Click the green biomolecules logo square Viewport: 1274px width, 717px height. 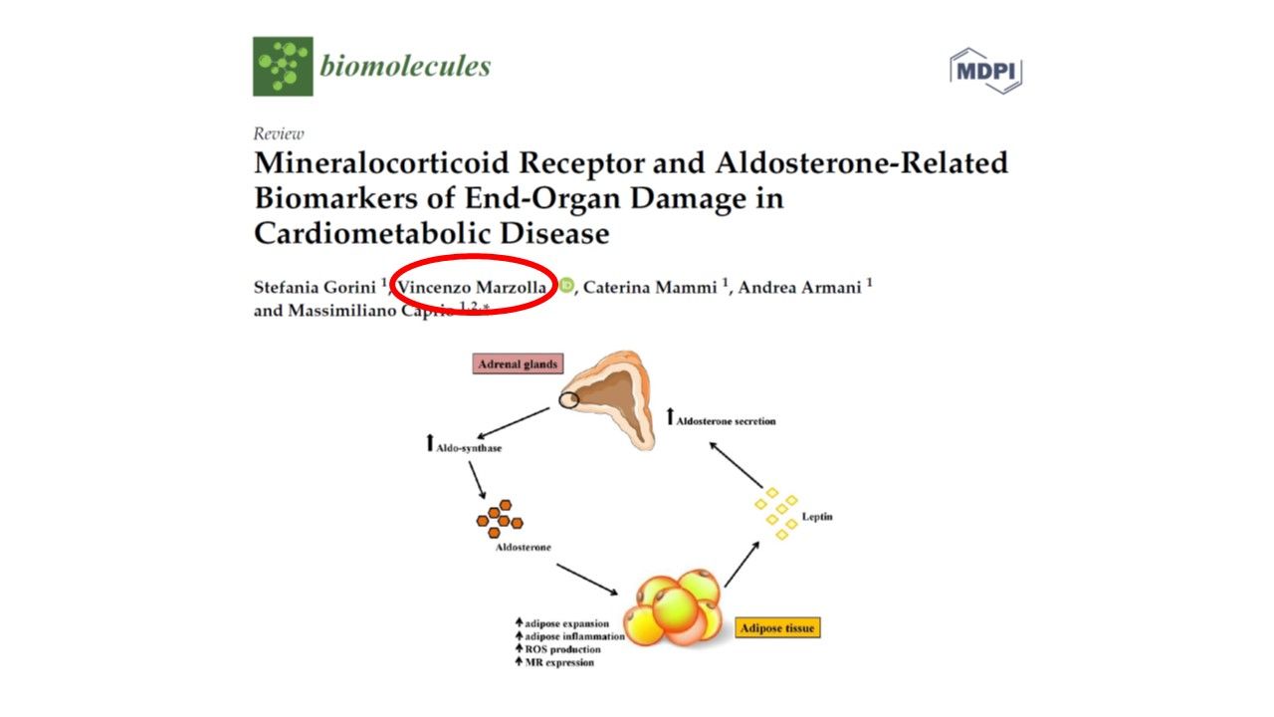pos(283,67)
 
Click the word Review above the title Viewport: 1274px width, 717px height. pos(279,133)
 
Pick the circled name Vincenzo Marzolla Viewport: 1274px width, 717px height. pos(471,288)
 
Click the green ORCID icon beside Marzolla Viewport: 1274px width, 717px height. pos(566,287)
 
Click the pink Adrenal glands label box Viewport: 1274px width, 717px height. pos(518,364)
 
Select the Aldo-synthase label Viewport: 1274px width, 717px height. pos(469,447)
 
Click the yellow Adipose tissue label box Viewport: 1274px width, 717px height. pos(778,628)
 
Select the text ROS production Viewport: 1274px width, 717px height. pos(563,649)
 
